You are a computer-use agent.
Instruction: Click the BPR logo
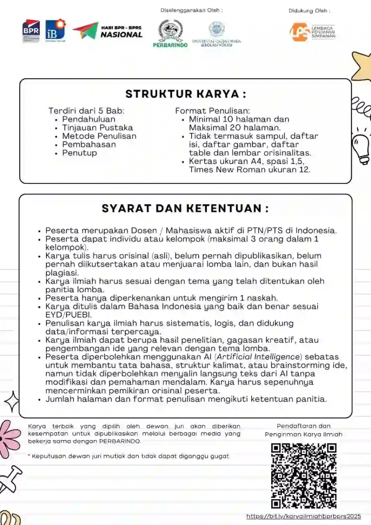pyautogui.click(x=31, y=31)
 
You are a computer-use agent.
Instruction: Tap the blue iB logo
pyautogui.click(x=56, y=29)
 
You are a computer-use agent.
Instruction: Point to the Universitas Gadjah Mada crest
pyautogui.click(x=217, y=29)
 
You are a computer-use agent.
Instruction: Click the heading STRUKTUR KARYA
pyautogui.click(x=185, y=94)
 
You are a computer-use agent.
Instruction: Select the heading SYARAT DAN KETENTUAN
pyautogui.click(x=185, y=209)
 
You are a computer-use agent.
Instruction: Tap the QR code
pyautogui.click(x=304, y=476)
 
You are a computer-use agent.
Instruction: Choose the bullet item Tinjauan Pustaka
pyautogui.click(x=97, y=128)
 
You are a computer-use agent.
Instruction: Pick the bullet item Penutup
pyautogui.click(x=79, y=153)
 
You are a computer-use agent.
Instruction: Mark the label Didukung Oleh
pyautogui.click(x=309, y=11)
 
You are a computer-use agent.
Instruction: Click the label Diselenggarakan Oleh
pyautogui.click(x=192, y=10)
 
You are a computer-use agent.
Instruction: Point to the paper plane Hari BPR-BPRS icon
pyautogui.click(x=85, y=31)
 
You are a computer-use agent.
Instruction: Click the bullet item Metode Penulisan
pyautogui.click(x=99, y=136)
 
